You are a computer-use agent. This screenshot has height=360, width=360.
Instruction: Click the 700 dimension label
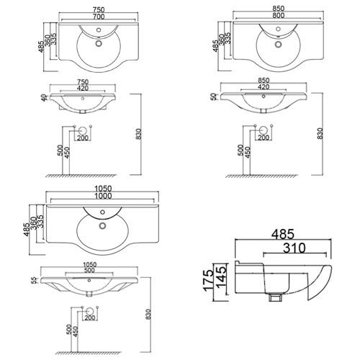click(x=99, y=17)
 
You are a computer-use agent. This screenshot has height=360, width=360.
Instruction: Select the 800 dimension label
click(x=279, y=15)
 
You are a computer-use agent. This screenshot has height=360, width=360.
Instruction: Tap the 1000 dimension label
click(x=103, y=196)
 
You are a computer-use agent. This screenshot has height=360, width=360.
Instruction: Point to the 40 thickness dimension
click(x=44, y=98)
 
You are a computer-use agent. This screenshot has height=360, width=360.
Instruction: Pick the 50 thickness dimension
click(x=213, y=96)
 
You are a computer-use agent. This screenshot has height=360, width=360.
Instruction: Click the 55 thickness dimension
click(x=35, y=280)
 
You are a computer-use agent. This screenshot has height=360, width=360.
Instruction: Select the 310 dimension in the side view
click(x=294, y=248)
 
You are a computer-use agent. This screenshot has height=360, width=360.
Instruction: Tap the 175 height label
click(x=208, y=281)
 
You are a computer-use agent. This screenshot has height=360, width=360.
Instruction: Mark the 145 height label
click(x=221, y=277)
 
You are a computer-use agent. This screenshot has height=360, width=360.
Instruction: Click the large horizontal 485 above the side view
click(x=283, y=234)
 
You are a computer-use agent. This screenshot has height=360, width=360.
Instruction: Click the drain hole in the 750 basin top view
click(x=99, y=43)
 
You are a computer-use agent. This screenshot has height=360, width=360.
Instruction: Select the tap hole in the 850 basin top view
click(x=278, y=29)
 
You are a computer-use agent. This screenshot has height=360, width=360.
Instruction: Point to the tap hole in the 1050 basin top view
click(x=102, y=212)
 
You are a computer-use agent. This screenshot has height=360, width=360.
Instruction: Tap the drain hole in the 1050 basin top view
click(x=102, y=225)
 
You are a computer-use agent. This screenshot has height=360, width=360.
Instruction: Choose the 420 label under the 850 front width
click(x=264, y=87)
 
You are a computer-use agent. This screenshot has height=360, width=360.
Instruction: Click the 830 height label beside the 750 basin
click(x=139, y=134)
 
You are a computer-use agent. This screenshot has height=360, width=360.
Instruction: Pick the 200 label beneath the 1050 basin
click(x=90, y=318)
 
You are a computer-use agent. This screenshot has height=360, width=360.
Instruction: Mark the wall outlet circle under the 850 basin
click(x=263, y=130)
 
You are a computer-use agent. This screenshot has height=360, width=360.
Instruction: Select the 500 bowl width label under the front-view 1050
click(x=89, y=271)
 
